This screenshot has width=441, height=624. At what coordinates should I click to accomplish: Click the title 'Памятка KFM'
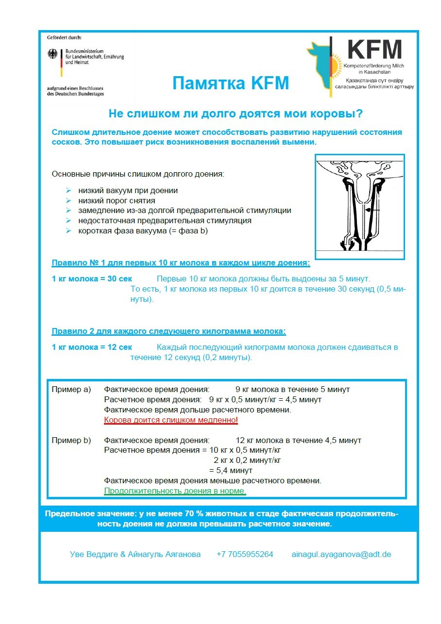coord(230,83)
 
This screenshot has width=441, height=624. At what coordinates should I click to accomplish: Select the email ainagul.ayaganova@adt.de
coord(341,554)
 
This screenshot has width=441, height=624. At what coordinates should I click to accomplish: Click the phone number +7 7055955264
coord(245,554)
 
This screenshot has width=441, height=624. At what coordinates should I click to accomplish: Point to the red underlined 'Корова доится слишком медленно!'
coord(171,420)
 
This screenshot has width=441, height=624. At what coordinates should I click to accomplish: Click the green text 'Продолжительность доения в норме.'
coord(175,491)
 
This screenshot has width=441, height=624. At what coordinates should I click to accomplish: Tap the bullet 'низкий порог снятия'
coord(117,200)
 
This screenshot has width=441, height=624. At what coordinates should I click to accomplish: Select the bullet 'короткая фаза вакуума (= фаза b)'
coord(143,231)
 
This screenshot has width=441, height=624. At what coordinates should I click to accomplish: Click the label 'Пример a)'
coord(71,389)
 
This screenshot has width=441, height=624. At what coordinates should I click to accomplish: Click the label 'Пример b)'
coord(71,440)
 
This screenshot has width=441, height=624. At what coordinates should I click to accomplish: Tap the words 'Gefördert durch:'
coord(65,37)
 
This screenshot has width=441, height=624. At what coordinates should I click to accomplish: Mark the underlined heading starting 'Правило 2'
coord(169,331)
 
